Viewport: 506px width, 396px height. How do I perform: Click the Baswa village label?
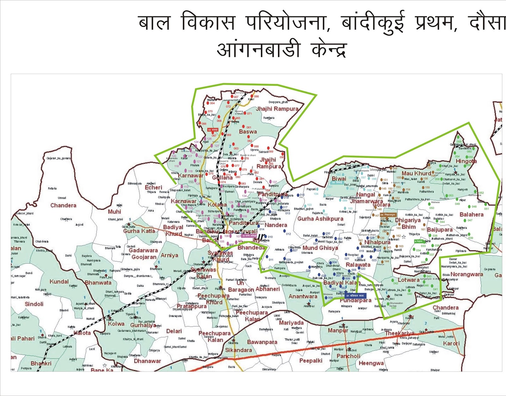point(248,132)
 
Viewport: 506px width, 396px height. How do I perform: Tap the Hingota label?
point(466,161)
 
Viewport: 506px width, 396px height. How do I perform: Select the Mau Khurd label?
point(416,173)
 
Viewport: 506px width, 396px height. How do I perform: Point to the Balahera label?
point(472,214)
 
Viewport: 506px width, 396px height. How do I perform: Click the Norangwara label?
point(467,274)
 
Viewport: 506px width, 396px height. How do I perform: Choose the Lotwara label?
point(409,280)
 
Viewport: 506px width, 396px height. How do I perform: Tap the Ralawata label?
point(358,265)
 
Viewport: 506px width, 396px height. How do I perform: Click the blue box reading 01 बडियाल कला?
point(355,296)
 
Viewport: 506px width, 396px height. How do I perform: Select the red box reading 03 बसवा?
point(213,130)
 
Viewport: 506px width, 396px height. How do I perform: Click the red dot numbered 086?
point(252,96)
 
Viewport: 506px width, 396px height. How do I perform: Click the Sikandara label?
point(238,350)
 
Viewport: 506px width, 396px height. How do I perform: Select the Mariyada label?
point(291,323)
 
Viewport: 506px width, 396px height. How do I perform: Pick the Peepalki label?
point(311,361)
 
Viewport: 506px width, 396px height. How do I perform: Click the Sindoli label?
point(34,304)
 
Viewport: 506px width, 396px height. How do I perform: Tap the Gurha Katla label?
point(139,231)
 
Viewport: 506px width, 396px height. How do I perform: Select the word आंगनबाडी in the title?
point(258,50)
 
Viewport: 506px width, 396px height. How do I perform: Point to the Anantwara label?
point(303,296)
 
